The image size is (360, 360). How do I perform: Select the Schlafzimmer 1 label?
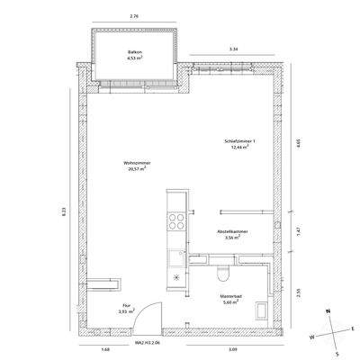240,144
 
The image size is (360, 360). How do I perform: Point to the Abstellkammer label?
232,233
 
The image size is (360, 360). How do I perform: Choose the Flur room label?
127,309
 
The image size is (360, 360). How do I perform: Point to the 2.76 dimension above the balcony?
134,15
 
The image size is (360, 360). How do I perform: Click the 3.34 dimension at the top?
233,48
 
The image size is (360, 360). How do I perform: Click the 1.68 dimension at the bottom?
105,349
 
